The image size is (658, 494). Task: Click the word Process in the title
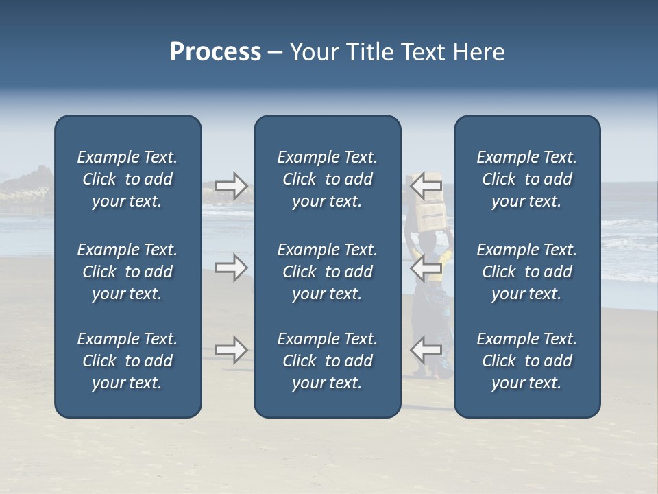(215, 52)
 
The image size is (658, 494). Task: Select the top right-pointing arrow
(232, 185)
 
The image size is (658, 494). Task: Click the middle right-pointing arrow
(232, 268)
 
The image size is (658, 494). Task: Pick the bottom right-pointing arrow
(232, 350)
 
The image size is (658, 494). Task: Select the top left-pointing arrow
(426, 185)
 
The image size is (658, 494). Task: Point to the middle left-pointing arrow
(426, 268)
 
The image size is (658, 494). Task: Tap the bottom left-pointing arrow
(426, 350)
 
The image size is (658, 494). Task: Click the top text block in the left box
(127, 179)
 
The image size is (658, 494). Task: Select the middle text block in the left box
(127, 272)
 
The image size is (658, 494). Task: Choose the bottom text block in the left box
(127, 361)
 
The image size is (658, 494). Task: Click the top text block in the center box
(327, 179)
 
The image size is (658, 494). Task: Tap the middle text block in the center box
(327, 272)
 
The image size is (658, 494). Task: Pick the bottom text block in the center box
(327, 361)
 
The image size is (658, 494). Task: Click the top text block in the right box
(527, 179)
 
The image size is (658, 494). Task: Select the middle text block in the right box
(527, 272)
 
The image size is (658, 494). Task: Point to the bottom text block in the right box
(527, 361)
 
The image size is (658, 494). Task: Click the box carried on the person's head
(430, 215)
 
